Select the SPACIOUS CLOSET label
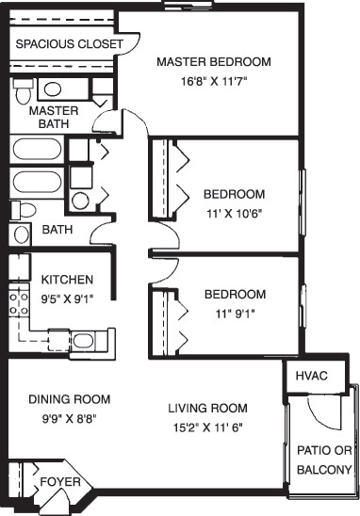[x=69, y=44]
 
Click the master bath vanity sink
[x=52, y=90]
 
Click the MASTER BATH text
[x=53, y=117]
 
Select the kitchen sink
[x=83, y=340]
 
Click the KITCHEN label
[x=66, y=280]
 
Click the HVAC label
[x=311, y=376]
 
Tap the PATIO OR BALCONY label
[x=324, y=460]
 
